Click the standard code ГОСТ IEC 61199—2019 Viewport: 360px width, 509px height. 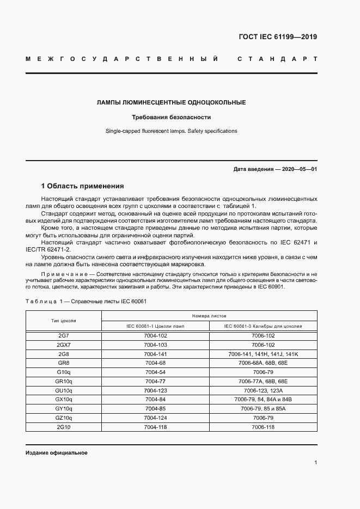pyautogui.click(x=278, y=37)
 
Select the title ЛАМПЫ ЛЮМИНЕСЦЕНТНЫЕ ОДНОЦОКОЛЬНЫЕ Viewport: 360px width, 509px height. pyautogui.click(x=171, y=102)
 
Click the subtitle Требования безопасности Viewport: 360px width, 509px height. pyautogui.click(x=171, y=117)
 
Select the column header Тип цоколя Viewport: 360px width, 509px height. pyautogui.click(x=64, y=321)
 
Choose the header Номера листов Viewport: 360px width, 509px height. pyautogui.click(x=209, y=316)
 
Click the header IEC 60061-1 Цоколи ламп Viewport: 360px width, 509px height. pyautogui.click(x=155, y=326)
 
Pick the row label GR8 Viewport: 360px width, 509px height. pyautogui.click(x=64, y=363)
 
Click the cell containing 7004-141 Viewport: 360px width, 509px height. pyautogui.click(x=155, y=354)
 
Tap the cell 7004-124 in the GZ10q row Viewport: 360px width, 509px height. pyautogui.click(x=155, y=418)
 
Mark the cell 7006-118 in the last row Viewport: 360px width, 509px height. pyautogui.click(x=263, y=427)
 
